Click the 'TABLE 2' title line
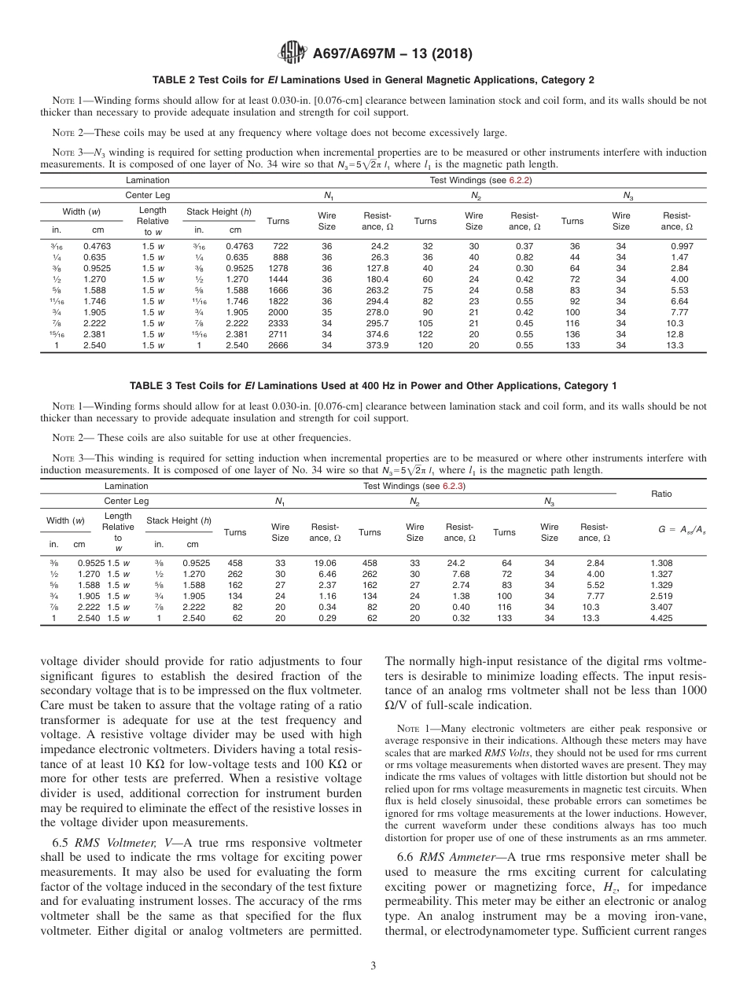(x=373, y=80)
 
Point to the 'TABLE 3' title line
(x=373, y=385)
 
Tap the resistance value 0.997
(x=680, y=245)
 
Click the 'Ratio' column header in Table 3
(x=661, y=494)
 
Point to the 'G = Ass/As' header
(x=661, y=531)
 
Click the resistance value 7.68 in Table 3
(x=458, y=574)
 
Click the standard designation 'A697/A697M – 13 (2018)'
(x=392, y=54)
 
